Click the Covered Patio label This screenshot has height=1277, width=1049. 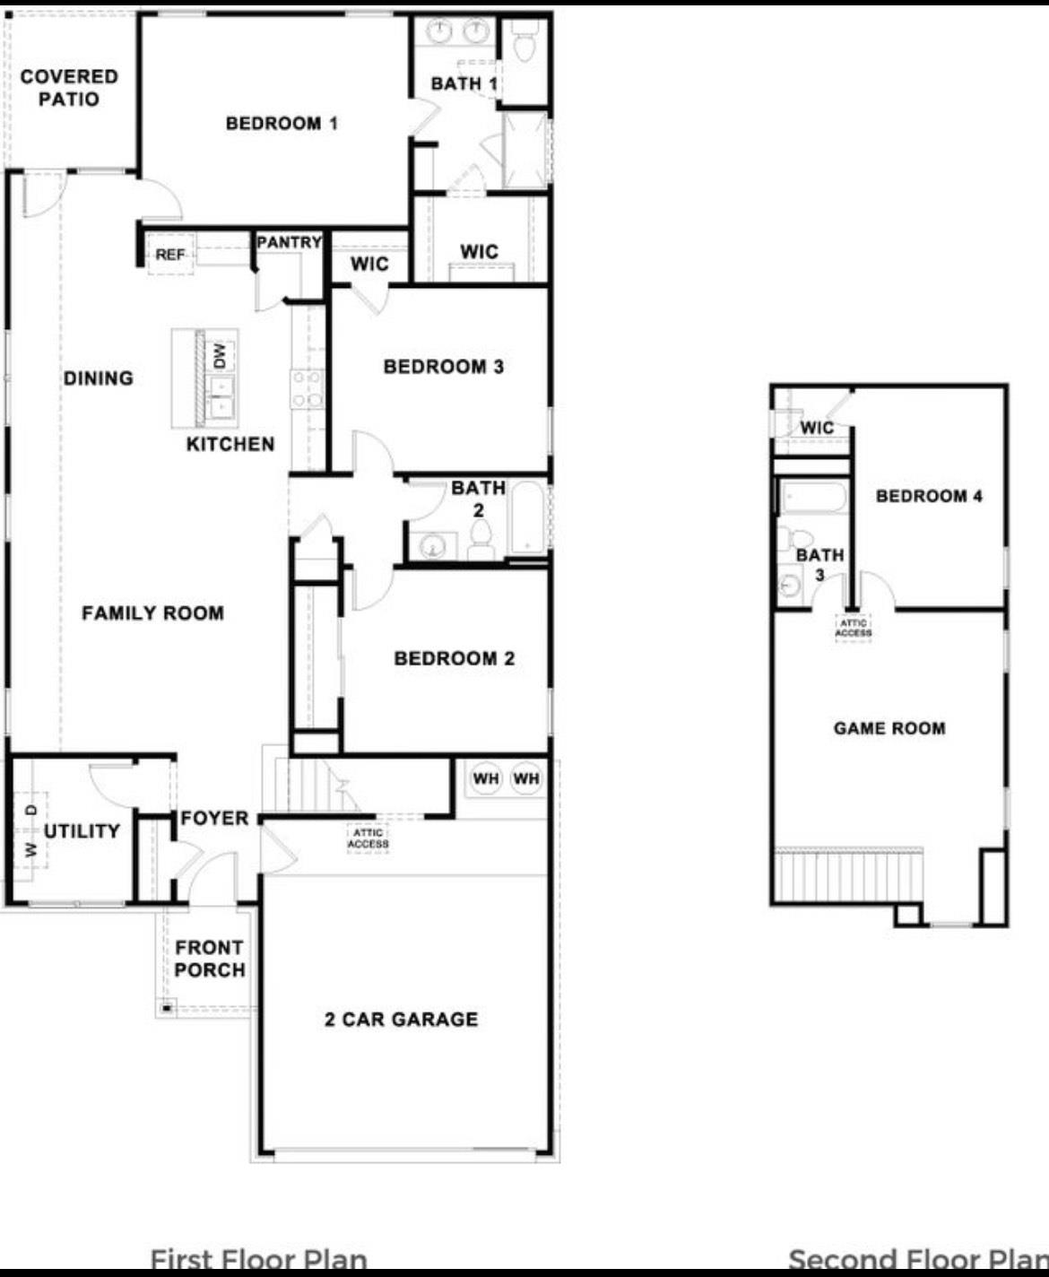coord(69,88)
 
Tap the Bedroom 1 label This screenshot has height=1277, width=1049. coord(282,124)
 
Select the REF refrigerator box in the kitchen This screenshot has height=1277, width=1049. coord(169,255)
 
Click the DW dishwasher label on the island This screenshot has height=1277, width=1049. coord(221,356)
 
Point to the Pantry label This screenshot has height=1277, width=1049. coord(288,242)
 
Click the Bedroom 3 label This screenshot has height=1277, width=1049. coord(443,367)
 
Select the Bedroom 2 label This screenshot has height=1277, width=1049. coord(455,659)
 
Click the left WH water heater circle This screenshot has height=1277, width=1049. coord(486,778)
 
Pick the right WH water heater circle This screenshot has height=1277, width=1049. coord(526,778)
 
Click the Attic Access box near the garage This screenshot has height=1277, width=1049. coord(368,838)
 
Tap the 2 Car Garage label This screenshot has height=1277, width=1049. coord(401,1020)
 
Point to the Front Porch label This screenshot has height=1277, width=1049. coord(210,959)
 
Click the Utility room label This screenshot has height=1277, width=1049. coord(82,831)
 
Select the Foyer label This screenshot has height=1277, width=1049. coord(214,818)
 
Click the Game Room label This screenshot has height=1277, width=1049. coord(889,728)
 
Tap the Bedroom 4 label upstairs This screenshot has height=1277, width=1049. coord(929,496)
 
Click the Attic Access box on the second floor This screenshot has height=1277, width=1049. coord(853,628)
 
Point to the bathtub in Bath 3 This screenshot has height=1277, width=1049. coord(812,498)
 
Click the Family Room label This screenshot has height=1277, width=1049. coord(152,613)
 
